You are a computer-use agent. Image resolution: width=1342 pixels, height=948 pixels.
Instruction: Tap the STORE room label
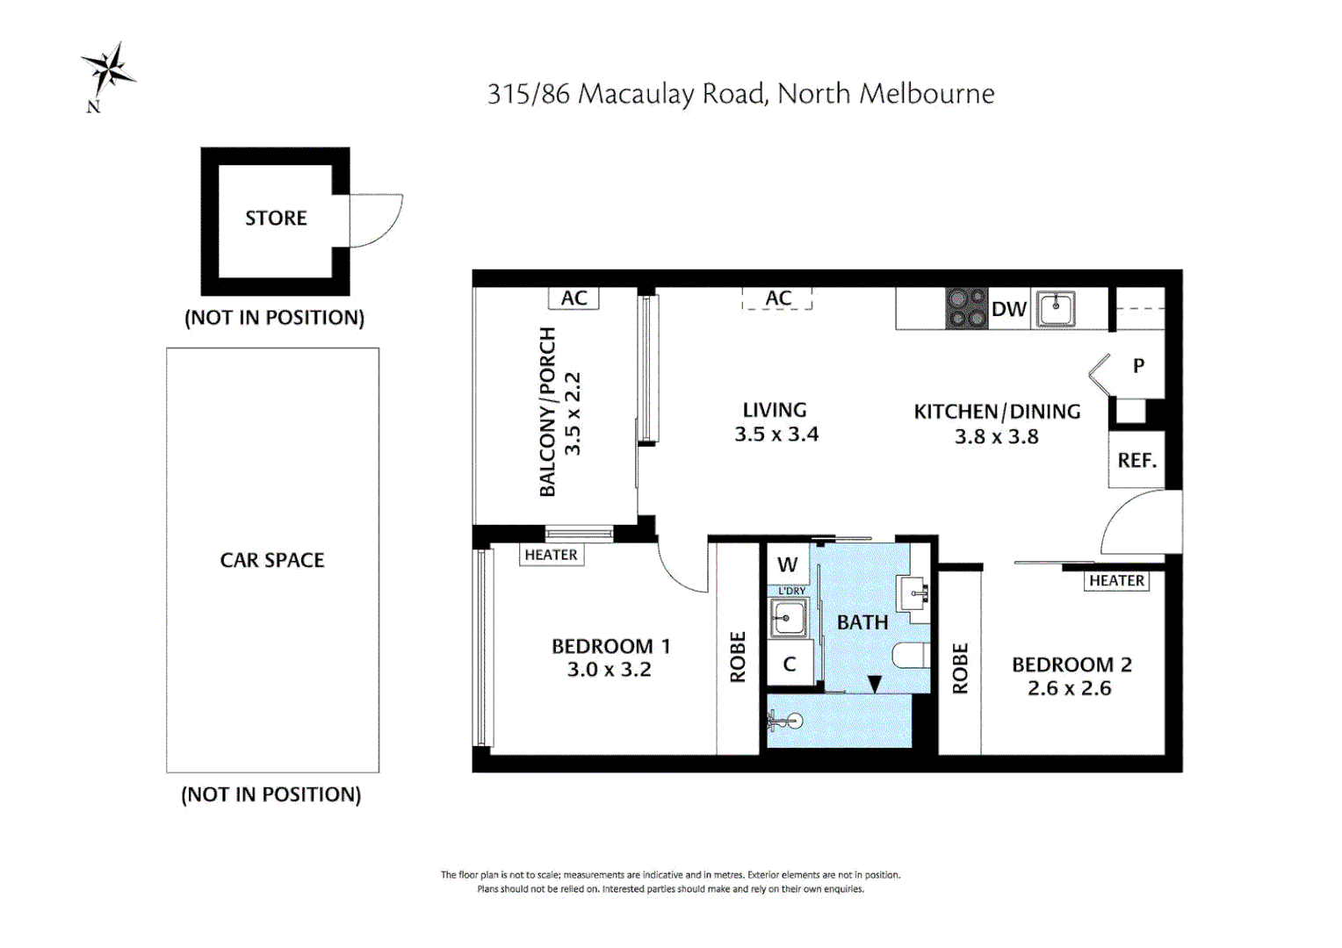coord(276,219)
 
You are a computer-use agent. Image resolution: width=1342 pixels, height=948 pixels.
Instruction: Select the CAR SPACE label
coord(272,560)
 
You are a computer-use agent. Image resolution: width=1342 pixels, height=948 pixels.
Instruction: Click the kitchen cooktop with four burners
coord(966,308)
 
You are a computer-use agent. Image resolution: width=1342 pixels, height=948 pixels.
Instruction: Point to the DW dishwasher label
coord(1008,309)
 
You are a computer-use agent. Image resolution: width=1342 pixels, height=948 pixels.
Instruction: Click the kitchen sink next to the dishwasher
coord(1056,309)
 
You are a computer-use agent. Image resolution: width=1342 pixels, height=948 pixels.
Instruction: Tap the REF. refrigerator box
coord(1136,460)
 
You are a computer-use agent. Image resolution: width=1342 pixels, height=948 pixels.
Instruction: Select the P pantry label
coord(1138,366)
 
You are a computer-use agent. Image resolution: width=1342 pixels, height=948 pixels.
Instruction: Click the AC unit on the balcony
coord(574,298)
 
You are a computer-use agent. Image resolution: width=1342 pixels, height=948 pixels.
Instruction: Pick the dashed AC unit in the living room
coord(777,298)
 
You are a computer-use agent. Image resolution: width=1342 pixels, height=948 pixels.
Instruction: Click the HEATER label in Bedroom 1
coord(551,555)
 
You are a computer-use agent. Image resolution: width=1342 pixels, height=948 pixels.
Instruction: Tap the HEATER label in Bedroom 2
coord(1116,580)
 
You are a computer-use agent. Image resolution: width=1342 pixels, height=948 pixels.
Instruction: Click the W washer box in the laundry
coord(788,564)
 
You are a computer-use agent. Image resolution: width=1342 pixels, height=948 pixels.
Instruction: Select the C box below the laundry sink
coord(789,664)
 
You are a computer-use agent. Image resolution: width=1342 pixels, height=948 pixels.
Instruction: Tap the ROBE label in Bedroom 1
coord(738,657)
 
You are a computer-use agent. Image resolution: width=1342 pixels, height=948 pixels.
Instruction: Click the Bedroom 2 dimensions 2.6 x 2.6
coord(1069,688)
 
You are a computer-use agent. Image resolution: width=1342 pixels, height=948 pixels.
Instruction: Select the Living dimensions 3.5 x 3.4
coord(776,434)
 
